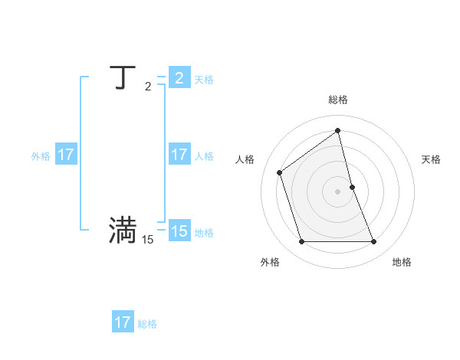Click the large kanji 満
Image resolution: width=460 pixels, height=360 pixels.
[x=123, y=231]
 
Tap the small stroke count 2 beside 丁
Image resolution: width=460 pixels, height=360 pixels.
[x=148, y=87]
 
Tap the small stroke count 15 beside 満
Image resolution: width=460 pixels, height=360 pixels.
[x=147, y=240]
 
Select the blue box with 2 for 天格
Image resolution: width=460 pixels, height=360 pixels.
[x=179, y=78]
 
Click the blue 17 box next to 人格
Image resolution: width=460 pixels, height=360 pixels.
[x=179, y=155]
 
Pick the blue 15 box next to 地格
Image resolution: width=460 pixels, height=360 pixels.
[x=179, y=231]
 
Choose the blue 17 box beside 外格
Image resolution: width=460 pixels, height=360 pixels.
[x=66, y=155]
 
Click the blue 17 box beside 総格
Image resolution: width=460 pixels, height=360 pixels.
[x=123, y=322]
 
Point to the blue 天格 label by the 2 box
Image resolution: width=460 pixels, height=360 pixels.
[x=204, y=80]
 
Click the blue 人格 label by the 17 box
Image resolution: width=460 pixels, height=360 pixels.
[x=204, y=156]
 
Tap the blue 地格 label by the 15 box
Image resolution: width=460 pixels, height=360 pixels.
[x=204, y=233]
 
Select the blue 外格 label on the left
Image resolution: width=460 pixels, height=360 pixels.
[x=41, y=156]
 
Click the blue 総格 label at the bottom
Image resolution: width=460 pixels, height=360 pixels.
[x=147, y=324]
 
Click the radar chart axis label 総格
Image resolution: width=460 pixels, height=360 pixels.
[x=338, y=100]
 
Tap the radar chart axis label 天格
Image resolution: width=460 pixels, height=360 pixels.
[x=431, y=159]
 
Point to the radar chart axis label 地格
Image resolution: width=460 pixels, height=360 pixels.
[x=402, y=262]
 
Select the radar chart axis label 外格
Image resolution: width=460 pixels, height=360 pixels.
[x=270, y=262]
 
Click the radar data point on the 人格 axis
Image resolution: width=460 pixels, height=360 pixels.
[x=280, y=172]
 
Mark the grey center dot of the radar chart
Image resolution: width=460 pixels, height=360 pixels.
[x=338, y=191]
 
